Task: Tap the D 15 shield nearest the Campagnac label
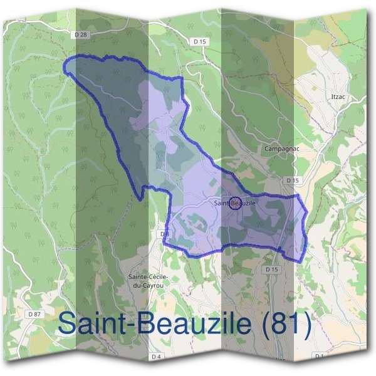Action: pyautogui.click(x=290, y=180)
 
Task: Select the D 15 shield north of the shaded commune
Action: pyautogui.click(x=200, y=41)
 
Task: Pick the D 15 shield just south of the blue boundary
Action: pyautogui.click(x=271, y=269)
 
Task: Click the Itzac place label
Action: pyautogui.click(x=338, y=97)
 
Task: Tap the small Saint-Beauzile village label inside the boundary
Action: pyautogui.click(x=235, y=203)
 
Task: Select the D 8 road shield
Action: pyautogui.click(x=164, y=234)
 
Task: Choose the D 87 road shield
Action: pyautogui.click(x=35, y=313)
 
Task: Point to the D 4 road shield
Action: pyautogui.click(x=156, y=356)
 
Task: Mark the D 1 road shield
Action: pyautogui.click(x=320, y=356)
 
